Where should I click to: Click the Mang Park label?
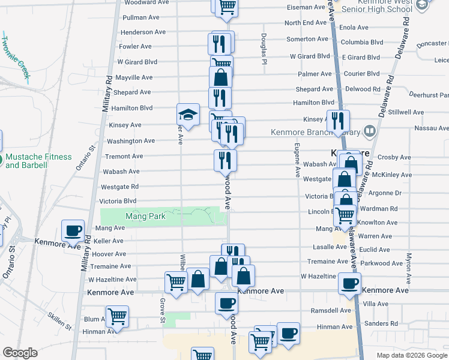click(140, 215)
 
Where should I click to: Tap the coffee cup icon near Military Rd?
click(73, 230)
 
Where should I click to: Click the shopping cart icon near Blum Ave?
click(117, 316)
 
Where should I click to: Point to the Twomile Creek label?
click(15, 54)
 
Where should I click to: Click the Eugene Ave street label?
click(297, 160)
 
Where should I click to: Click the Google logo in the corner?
click(20, 353)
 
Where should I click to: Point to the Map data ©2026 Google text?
click(411, 355)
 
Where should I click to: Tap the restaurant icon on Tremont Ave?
click(225, 160)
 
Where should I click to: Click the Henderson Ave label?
click(143, 32)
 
